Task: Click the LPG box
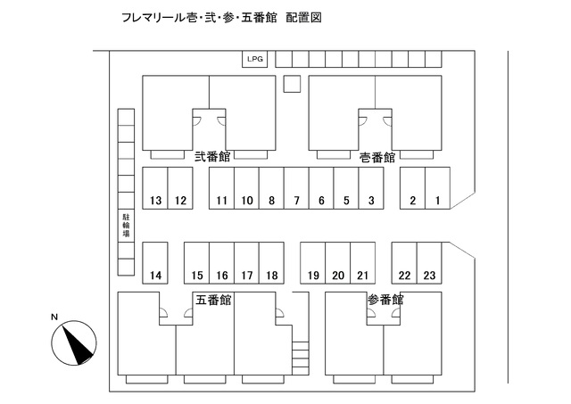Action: click(x=255, y=59)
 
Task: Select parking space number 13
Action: click(x=155, y=188)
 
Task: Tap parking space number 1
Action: click(x=438, y=188)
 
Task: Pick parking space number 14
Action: click(x=155, y=263)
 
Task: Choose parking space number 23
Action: click(x=429, y=263)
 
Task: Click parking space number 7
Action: click(x=296, y=188)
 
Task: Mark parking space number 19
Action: click(x=313, y=263)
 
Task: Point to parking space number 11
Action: click(x=222, y=188)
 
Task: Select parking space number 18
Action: click(x=271, y=263)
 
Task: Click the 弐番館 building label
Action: click(x=212, y=157)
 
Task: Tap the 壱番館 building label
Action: click(x=377, y=158)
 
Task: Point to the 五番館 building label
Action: click(x=213, y=300)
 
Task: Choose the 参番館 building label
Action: click(x=385, y=300)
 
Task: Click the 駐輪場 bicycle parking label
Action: click(x=126, y=226)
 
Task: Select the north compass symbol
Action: click(x=74, y=342)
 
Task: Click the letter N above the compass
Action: click(x=54, y=317)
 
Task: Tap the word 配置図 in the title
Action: click(x=303, y=18)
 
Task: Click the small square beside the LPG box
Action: click(x=292, y=84)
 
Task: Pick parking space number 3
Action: click(x=371, y=188)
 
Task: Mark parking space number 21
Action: click(x=363, y=263)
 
